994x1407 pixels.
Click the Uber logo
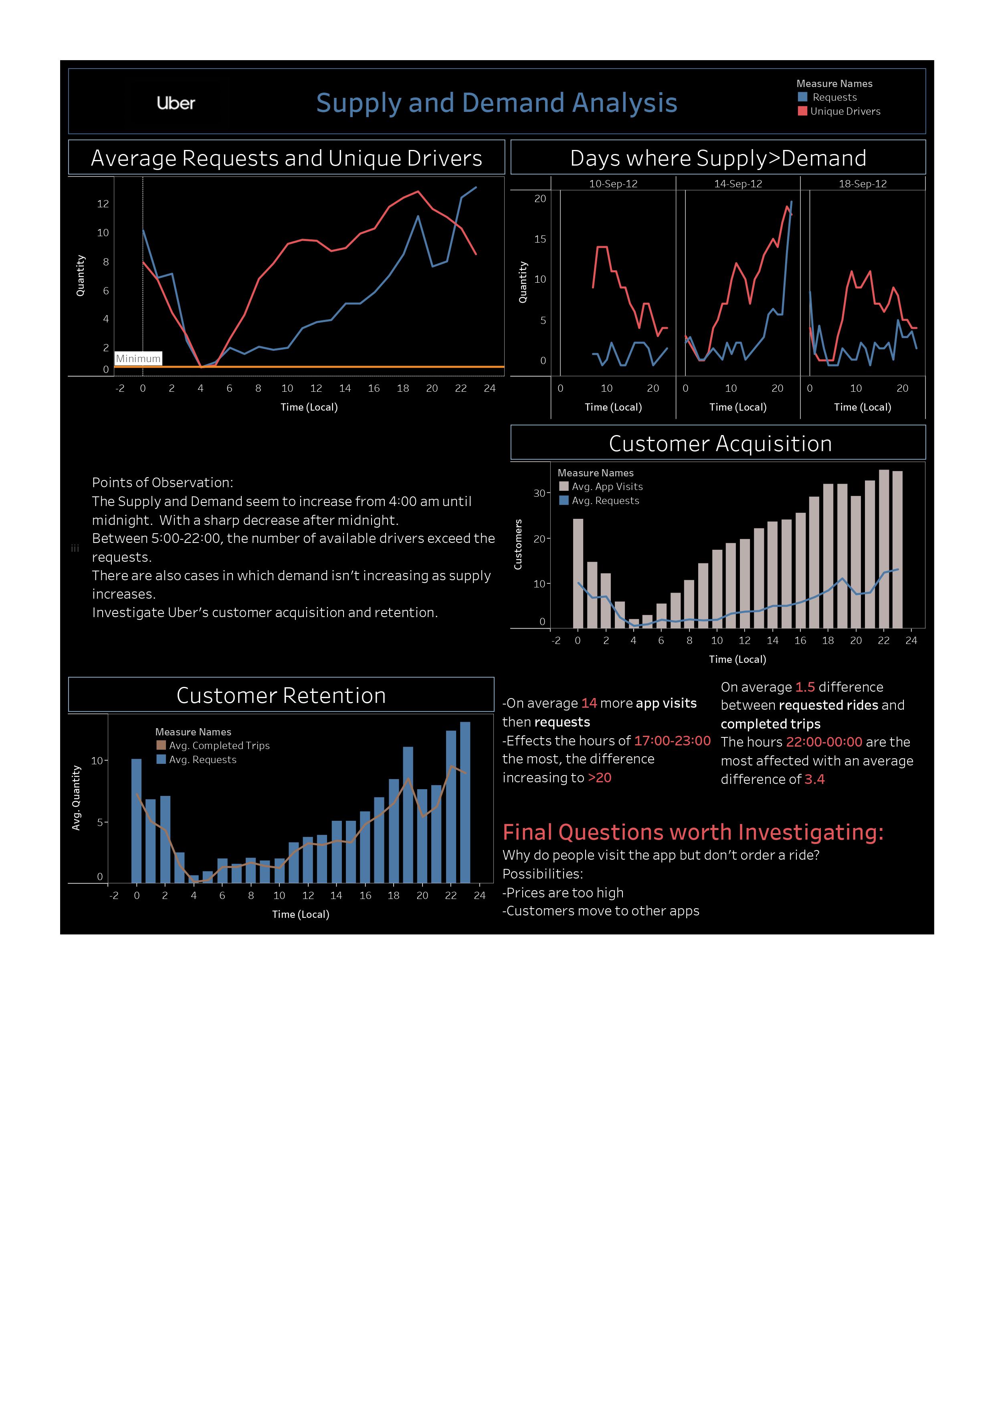coord(176,103)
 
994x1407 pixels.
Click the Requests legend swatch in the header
coord(802,97)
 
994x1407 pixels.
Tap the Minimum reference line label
coord(138,358)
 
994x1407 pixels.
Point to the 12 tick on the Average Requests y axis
coord(103,203)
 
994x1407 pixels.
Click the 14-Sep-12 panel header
coord(738,183)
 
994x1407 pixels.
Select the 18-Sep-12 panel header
coord(862,183)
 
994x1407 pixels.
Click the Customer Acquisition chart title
coord(720,443)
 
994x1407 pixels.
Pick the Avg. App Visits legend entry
coord(606,486)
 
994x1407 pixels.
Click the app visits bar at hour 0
coord(578,573)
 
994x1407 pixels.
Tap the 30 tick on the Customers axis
coord(539,493)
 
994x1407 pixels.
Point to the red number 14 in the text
coord(588,703)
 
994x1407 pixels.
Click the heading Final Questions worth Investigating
coord(693,832)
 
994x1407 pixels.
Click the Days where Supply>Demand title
coord(718,158)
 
